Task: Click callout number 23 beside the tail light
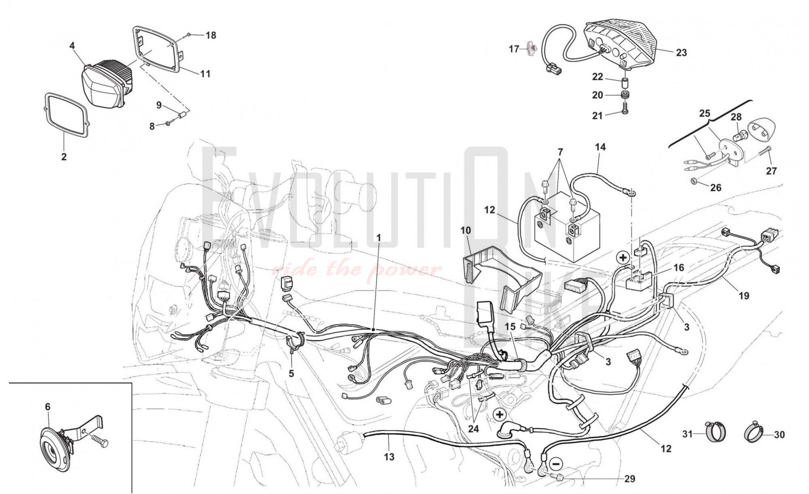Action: tap(681, 53)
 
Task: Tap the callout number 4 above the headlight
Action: tap(72, 46)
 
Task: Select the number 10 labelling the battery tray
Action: tap(466, 230)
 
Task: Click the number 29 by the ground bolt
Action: tap(630, 479)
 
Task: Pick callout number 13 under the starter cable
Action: tap(389, 457)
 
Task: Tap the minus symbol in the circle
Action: tap(557, 464)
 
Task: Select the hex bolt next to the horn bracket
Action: tap(99, 441)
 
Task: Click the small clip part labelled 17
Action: tap(531, 49)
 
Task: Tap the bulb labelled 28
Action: tap(739, 132)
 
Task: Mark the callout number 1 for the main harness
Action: tap(379, 238)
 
